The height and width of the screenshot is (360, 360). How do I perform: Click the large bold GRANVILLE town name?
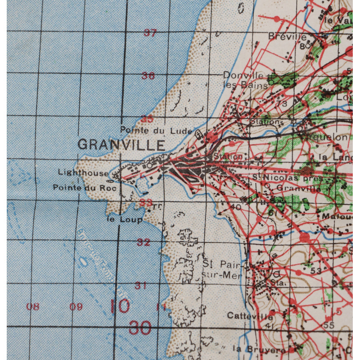[x=121, y=144]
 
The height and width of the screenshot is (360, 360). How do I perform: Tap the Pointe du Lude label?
[x=144, y=130]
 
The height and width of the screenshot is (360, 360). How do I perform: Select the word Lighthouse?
[x=83, y=172]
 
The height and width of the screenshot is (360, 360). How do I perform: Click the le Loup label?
[x=125, y=220]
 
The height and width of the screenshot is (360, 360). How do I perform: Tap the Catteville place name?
[x=250, y=315]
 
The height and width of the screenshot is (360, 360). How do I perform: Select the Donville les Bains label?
[x=244, y=79]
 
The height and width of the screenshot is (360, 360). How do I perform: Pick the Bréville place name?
[x=288, y=36]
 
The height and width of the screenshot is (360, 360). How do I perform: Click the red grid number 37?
[x=150, y=32]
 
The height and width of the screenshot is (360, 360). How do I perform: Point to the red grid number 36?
[x=148, y=76]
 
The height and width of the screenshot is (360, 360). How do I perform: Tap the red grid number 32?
[x=144, y=243]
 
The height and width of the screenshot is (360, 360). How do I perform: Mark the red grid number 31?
[x=141, y=285]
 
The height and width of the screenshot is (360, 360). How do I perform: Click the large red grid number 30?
[x=140, y=328]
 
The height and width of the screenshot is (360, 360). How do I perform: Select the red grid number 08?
[x=32, y=307]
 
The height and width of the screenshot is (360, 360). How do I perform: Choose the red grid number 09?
[x=76, y=307]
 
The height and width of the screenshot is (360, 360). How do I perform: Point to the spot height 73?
[x=283, y=103]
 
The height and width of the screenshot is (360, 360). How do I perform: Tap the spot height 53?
[x=316, y=271]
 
